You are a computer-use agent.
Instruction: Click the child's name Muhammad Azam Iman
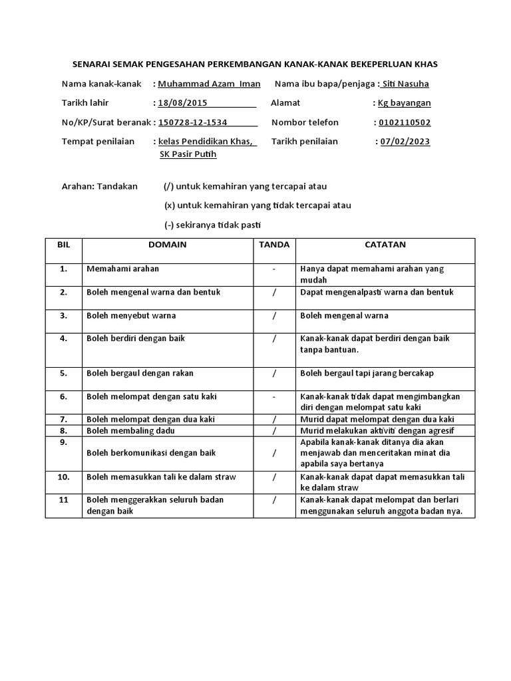209,84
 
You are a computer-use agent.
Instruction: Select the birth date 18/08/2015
183,103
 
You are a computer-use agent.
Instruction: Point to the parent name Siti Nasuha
405,84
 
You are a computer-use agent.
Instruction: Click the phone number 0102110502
404,122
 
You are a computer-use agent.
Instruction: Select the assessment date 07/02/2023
404,142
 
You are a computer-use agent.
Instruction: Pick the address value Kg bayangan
404,103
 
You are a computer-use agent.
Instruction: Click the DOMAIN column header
167,245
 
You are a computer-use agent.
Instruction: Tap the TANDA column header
274,245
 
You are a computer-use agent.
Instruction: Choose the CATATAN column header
385,245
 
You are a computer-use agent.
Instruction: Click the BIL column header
63,245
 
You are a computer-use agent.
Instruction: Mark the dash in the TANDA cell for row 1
274,269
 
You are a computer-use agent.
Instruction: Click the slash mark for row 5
274,373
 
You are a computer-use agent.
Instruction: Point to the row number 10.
63,477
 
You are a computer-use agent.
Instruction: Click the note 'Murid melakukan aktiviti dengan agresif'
382,431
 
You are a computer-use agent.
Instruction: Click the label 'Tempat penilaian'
98,142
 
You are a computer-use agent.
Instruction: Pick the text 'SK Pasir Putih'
188,154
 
